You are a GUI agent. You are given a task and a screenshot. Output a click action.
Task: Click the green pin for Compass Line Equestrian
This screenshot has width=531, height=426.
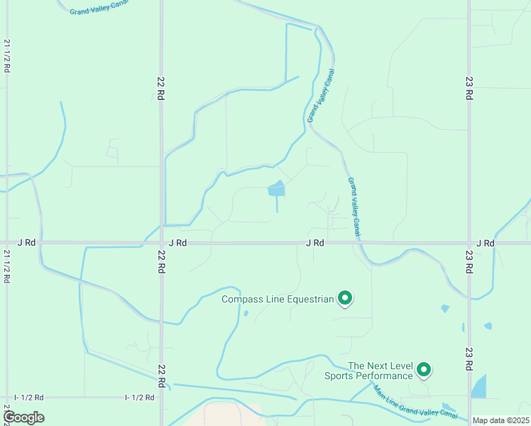[345, 298]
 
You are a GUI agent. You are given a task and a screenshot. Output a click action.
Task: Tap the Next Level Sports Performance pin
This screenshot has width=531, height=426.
[424, 369]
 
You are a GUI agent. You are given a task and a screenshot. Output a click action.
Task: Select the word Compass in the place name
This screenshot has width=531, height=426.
[242, 299]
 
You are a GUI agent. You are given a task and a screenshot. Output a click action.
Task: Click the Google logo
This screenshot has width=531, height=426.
[23, 417]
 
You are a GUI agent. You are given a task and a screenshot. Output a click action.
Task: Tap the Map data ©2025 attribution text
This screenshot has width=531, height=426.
[500, 420]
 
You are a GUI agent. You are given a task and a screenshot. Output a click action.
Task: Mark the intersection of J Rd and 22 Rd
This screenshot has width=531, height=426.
[161, 243]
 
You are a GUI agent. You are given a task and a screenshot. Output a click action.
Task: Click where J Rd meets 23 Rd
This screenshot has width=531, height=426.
[469, 243]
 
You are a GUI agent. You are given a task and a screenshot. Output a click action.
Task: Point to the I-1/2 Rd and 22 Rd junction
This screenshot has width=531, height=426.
[161, 398]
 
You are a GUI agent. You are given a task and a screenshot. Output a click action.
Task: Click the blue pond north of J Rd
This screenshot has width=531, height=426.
[276, 189]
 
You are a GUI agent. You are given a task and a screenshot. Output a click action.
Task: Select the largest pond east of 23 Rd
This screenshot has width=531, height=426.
[479, 386]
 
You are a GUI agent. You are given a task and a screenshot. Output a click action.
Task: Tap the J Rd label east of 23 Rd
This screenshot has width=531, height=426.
[486, 243]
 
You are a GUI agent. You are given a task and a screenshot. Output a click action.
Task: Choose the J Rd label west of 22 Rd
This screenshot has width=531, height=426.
[26, 243]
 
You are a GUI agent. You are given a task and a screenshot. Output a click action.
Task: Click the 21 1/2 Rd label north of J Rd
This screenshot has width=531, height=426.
[6, 55]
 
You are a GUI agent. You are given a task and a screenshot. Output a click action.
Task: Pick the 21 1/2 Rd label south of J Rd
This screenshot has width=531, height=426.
[6, 266]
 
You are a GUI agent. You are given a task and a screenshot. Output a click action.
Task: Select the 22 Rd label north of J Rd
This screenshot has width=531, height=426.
[161, 84]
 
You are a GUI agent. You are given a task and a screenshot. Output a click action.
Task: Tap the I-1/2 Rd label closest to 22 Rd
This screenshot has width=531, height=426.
[140, 398]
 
